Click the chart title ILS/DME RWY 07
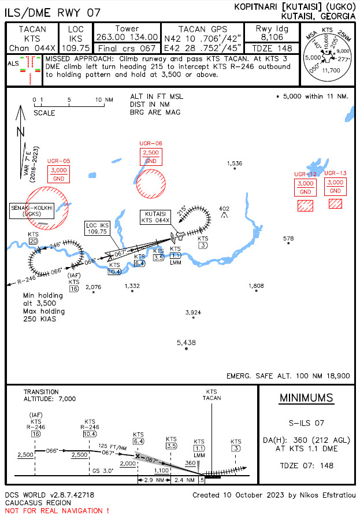(x=52, y=11)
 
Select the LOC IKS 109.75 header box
(x=76, y=39)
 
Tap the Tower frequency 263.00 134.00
(x=127, y=37)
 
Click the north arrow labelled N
(x=21, y=131)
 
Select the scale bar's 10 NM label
(x=105, y=99)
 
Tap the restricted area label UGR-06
(x=151, y=143)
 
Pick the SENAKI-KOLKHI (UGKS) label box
(x=32, y=210)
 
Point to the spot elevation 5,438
(x=186, y=343)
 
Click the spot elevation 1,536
(x=235, y=164)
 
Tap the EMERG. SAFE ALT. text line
(x=288, y=376)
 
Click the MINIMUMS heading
(x=307, y=398)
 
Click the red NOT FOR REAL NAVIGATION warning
(x=57, y=510)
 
